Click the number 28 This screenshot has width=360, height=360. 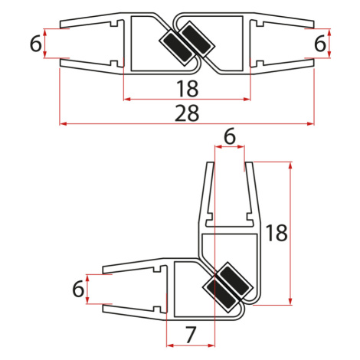pyautogui.click(x=187, y=113)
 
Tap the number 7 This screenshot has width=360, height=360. pyautogui.click(x=191, y=335)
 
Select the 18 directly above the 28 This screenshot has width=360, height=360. pyautogui.click(x=187, y=89)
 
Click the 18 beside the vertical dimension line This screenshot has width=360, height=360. pyautogui.click(x=277, y=233)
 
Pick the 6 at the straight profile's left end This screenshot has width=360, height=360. pyautogui.click(x=35, y=44)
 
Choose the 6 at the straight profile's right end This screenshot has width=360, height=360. pyautogui.click(x=320, y=44)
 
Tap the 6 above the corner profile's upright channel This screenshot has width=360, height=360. pyautogui.click(x=230, y=136)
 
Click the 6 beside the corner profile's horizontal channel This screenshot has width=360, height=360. pyautogui.click(x=78, y=289)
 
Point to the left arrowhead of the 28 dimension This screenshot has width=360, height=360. pyautogui.click(x=63, y=123)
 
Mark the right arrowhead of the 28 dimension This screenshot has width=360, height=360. pyautogui.click(x=311, y=123)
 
